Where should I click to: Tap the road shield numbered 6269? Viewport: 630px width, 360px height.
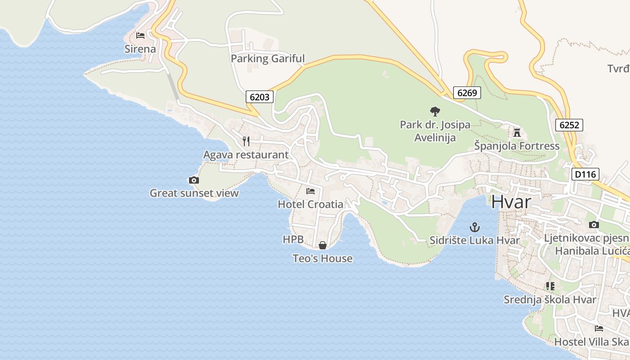coord(467,93)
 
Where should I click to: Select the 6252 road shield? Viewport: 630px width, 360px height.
coord(569,125)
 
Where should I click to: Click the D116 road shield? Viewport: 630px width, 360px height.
coord(585,174)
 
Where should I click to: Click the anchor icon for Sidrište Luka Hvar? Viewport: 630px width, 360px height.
coord(474,227)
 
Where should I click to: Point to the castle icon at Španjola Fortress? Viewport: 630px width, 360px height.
coord(517,133)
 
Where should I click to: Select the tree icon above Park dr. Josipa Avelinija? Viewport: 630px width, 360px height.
coord(435,111)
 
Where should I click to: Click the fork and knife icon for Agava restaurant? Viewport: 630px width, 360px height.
coord(246,141)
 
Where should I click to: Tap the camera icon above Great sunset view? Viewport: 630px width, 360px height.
coord(193,180)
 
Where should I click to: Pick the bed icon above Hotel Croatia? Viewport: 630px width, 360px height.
coord(310,191)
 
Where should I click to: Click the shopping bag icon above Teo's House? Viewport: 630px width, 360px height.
coord(323,245)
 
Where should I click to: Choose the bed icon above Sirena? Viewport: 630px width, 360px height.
coord(140,35)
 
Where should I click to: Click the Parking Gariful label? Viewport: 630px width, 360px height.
coord(268,58)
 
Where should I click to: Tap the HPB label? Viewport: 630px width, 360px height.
coord(293,239)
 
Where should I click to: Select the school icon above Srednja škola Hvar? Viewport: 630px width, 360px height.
coord(550,286)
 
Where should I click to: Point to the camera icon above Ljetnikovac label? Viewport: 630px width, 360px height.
coord(594,225)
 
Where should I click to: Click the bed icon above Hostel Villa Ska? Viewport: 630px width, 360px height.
coord(598,328)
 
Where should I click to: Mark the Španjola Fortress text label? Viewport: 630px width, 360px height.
coord(517,146)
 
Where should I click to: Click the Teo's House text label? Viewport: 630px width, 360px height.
coord(323,258)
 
